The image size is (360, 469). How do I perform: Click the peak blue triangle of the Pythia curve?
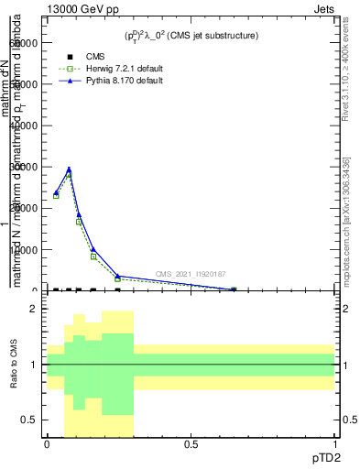click(x=69, y=169)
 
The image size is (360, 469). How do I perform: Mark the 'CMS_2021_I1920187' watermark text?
click(x=190, y=273)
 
